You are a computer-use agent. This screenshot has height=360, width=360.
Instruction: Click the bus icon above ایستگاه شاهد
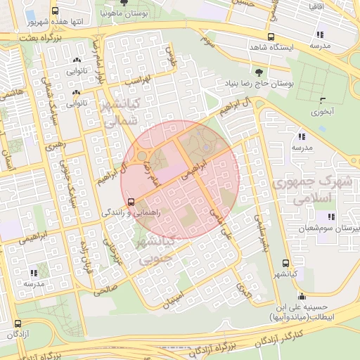coord(270,37)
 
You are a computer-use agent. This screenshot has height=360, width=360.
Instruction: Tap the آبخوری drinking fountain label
coord(323,111)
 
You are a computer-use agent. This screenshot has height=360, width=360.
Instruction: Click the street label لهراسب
coord(139,82)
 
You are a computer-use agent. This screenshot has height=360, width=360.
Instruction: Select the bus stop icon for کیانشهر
coord(285,262)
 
